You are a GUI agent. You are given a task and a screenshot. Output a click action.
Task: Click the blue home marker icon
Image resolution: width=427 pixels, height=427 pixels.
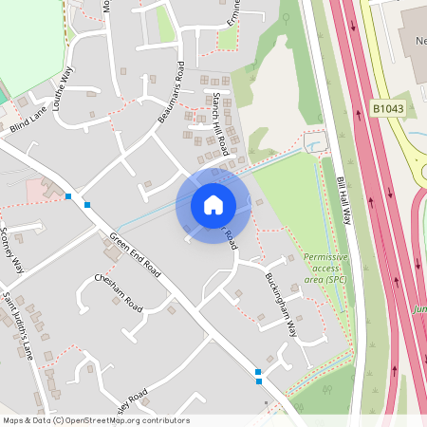[x=213, y=204]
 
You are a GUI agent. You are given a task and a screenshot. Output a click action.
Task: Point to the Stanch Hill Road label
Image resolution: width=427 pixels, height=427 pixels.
[x=221, y=123]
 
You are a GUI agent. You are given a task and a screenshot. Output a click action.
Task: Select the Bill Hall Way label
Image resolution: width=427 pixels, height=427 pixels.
[x=343, y=199]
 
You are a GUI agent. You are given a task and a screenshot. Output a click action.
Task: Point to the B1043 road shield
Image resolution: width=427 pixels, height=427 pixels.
[x=386, y=109]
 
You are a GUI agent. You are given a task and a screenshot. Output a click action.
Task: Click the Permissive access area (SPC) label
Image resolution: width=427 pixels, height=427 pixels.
[x=325, y=269]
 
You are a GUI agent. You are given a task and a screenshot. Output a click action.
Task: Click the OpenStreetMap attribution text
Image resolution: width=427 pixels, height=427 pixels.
[x=95, y=420]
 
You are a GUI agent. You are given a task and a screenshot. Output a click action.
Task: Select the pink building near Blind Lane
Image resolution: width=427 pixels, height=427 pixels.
[x=39, y=189]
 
